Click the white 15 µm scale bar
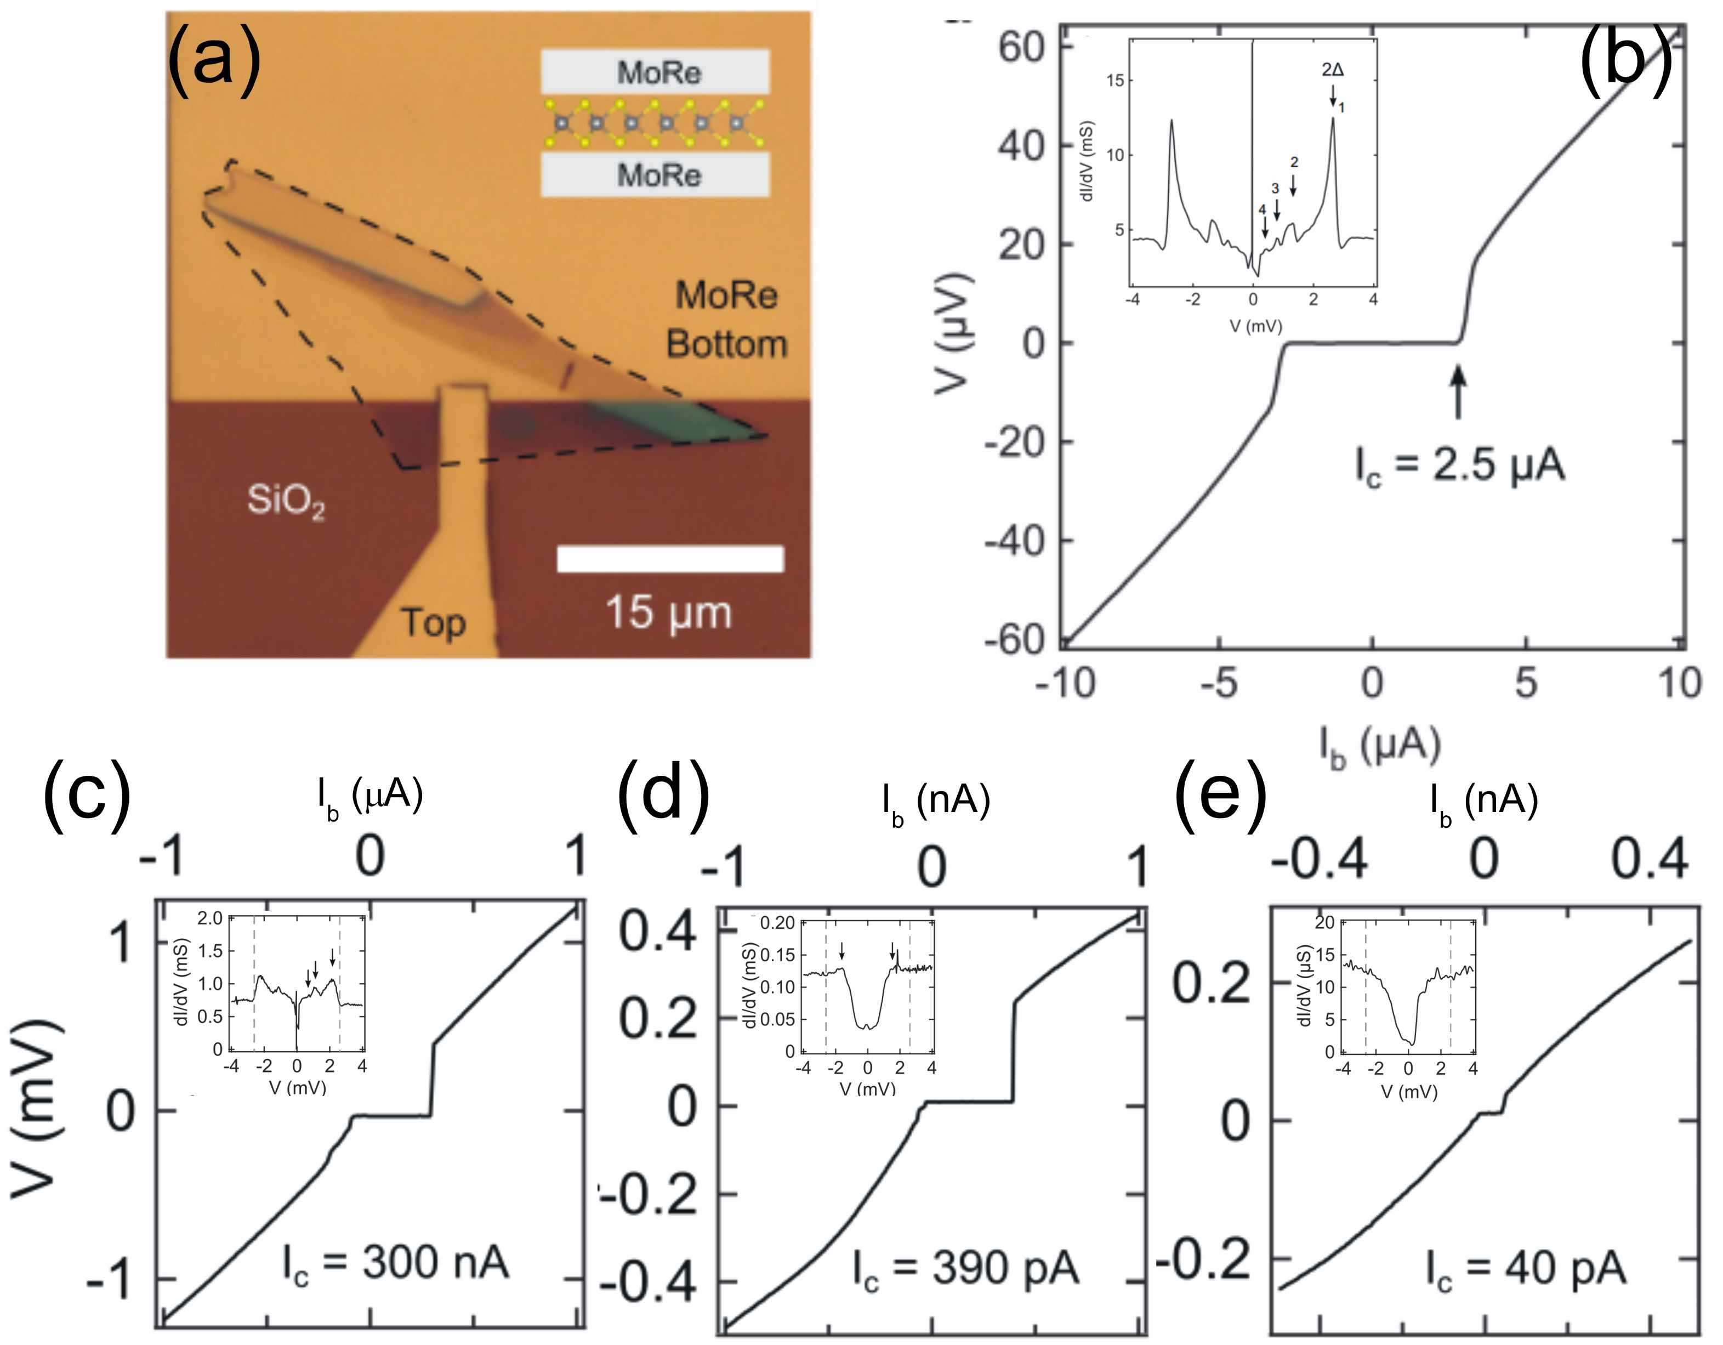pyautogui.click(x=670, y=559)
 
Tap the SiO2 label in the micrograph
pyautogui.click(x=286, y=500)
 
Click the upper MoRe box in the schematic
pyautogui.click(x=655, y=72)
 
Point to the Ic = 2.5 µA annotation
pyautogui.click(x=1459, y=466)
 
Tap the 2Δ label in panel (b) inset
pyautogui.click(x=1333, y=70)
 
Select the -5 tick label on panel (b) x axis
pyautogui.click(x=1219, y=683)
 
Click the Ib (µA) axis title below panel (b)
pyautogui.click(x=1380, y=746)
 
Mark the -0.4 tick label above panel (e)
pyautogui.click(x=1319, y=859)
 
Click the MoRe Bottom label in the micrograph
pyautogui.click(x=726, y=320)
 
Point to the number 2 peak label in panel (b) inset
pyautogui.click(x=1294, y=162)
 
